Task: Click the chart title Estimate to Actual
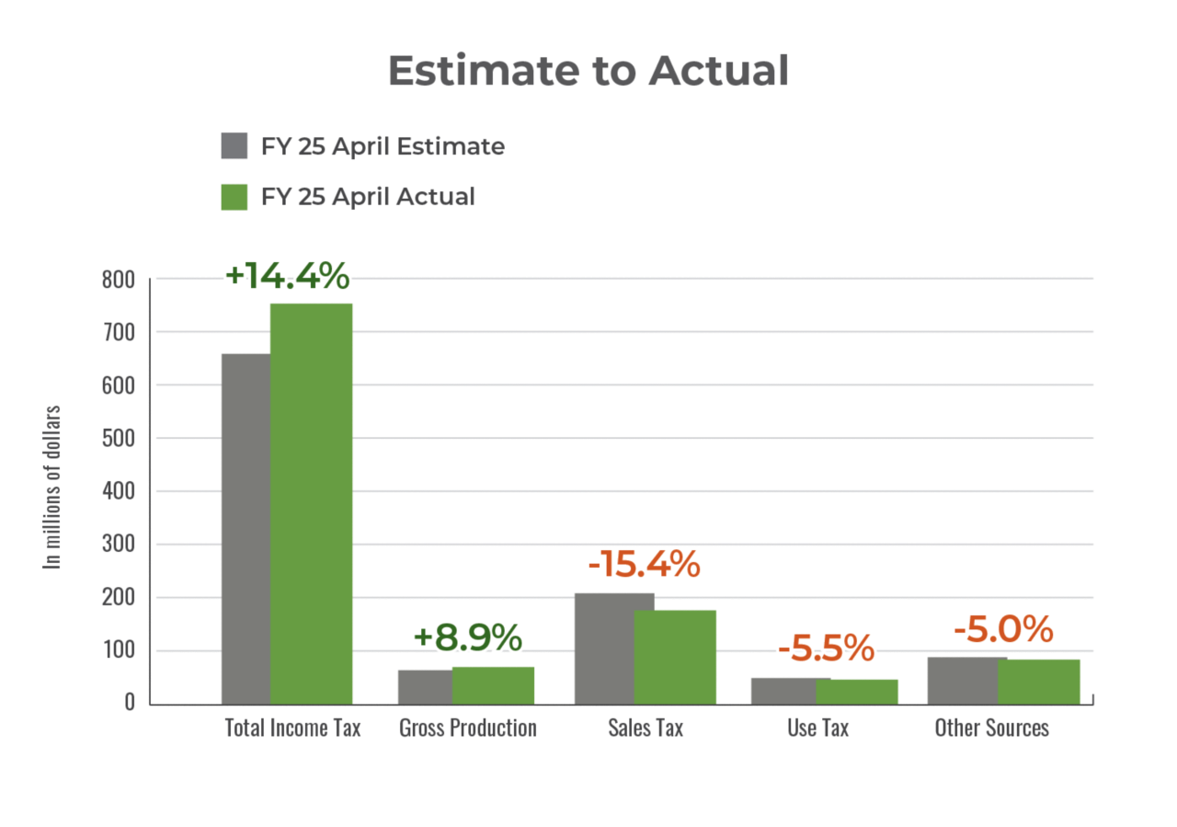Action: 588,71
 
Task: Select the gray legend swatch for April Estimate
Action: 234,146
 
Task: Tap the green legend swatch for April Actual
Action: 234,197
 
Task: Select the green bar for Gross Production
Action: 493,684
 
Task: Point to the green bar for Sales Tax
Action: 676,656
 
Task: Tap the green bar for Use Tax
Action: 857,691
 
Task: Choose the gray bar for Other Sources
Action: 962,680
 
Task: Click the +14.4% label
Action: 287,275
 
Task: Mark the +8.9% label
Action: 467,637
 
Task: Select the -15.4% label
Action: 644,564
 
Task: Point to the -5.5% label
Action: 826,649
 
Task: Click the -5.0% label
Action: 1002,630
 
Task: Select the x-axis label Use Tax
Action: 817,729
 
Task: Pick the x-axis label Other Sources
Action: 991,729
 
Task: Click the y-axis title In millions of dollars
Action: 54,487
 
